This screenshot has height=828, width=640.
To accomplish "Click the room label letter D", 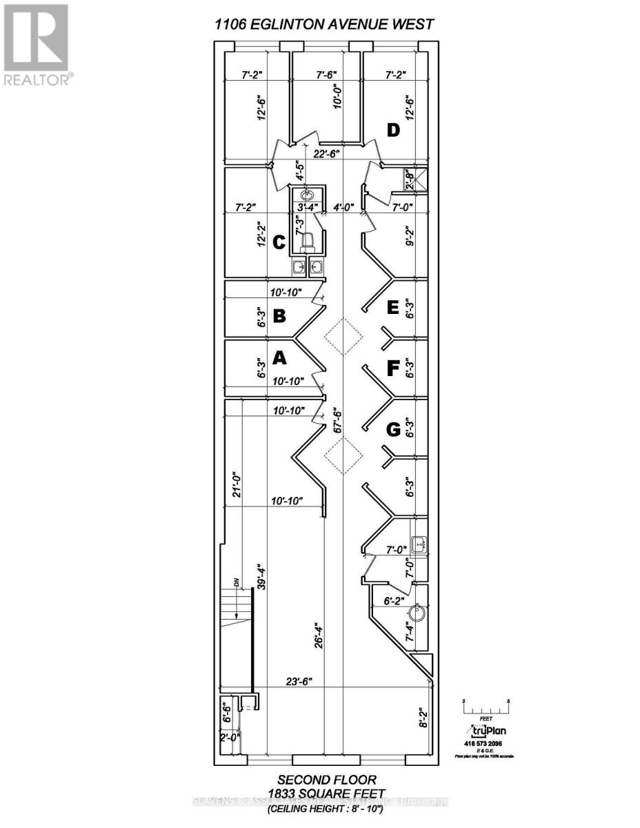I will pos(393,130).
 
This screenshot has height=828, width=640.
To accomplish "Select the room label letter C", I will pos(279,243).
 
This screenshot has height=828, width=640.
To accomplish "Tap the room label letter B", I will pos(279,316).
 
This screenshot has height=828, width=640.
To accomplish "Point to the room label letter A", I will pos(279,357).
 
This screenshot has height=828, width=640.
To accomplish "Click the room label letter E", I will pos(393,308).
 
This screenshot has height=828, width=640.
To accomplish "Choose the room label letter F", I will pos(393,370).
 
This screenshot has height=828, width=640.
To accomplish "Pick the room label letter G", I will pos(393,430).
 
